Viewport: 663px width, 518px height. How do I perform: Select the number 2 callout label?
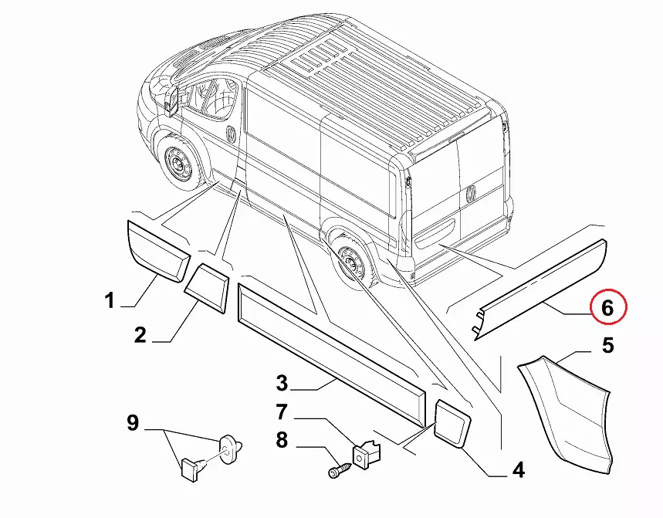tap(140, 335)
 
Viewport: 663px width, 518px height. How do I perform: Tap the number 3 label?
tap(282, 381)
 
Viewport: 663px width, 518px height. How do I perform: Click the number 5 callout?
tap(607, 346)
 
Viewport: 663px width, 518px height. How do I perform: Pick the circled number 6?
tap(607, 308)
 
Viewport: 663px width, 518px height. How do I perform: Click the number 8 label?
tap(282, 441)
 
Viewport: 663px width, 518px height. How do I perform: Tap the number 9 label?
tap(133, 423)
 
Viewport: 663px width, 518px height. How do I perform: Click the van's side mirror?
tap(171, 98)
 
